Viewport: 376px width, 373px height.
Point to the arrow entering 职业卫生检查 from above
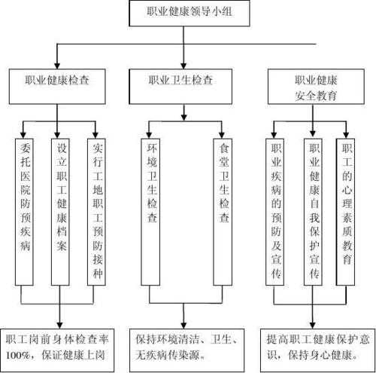(183, 60)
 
